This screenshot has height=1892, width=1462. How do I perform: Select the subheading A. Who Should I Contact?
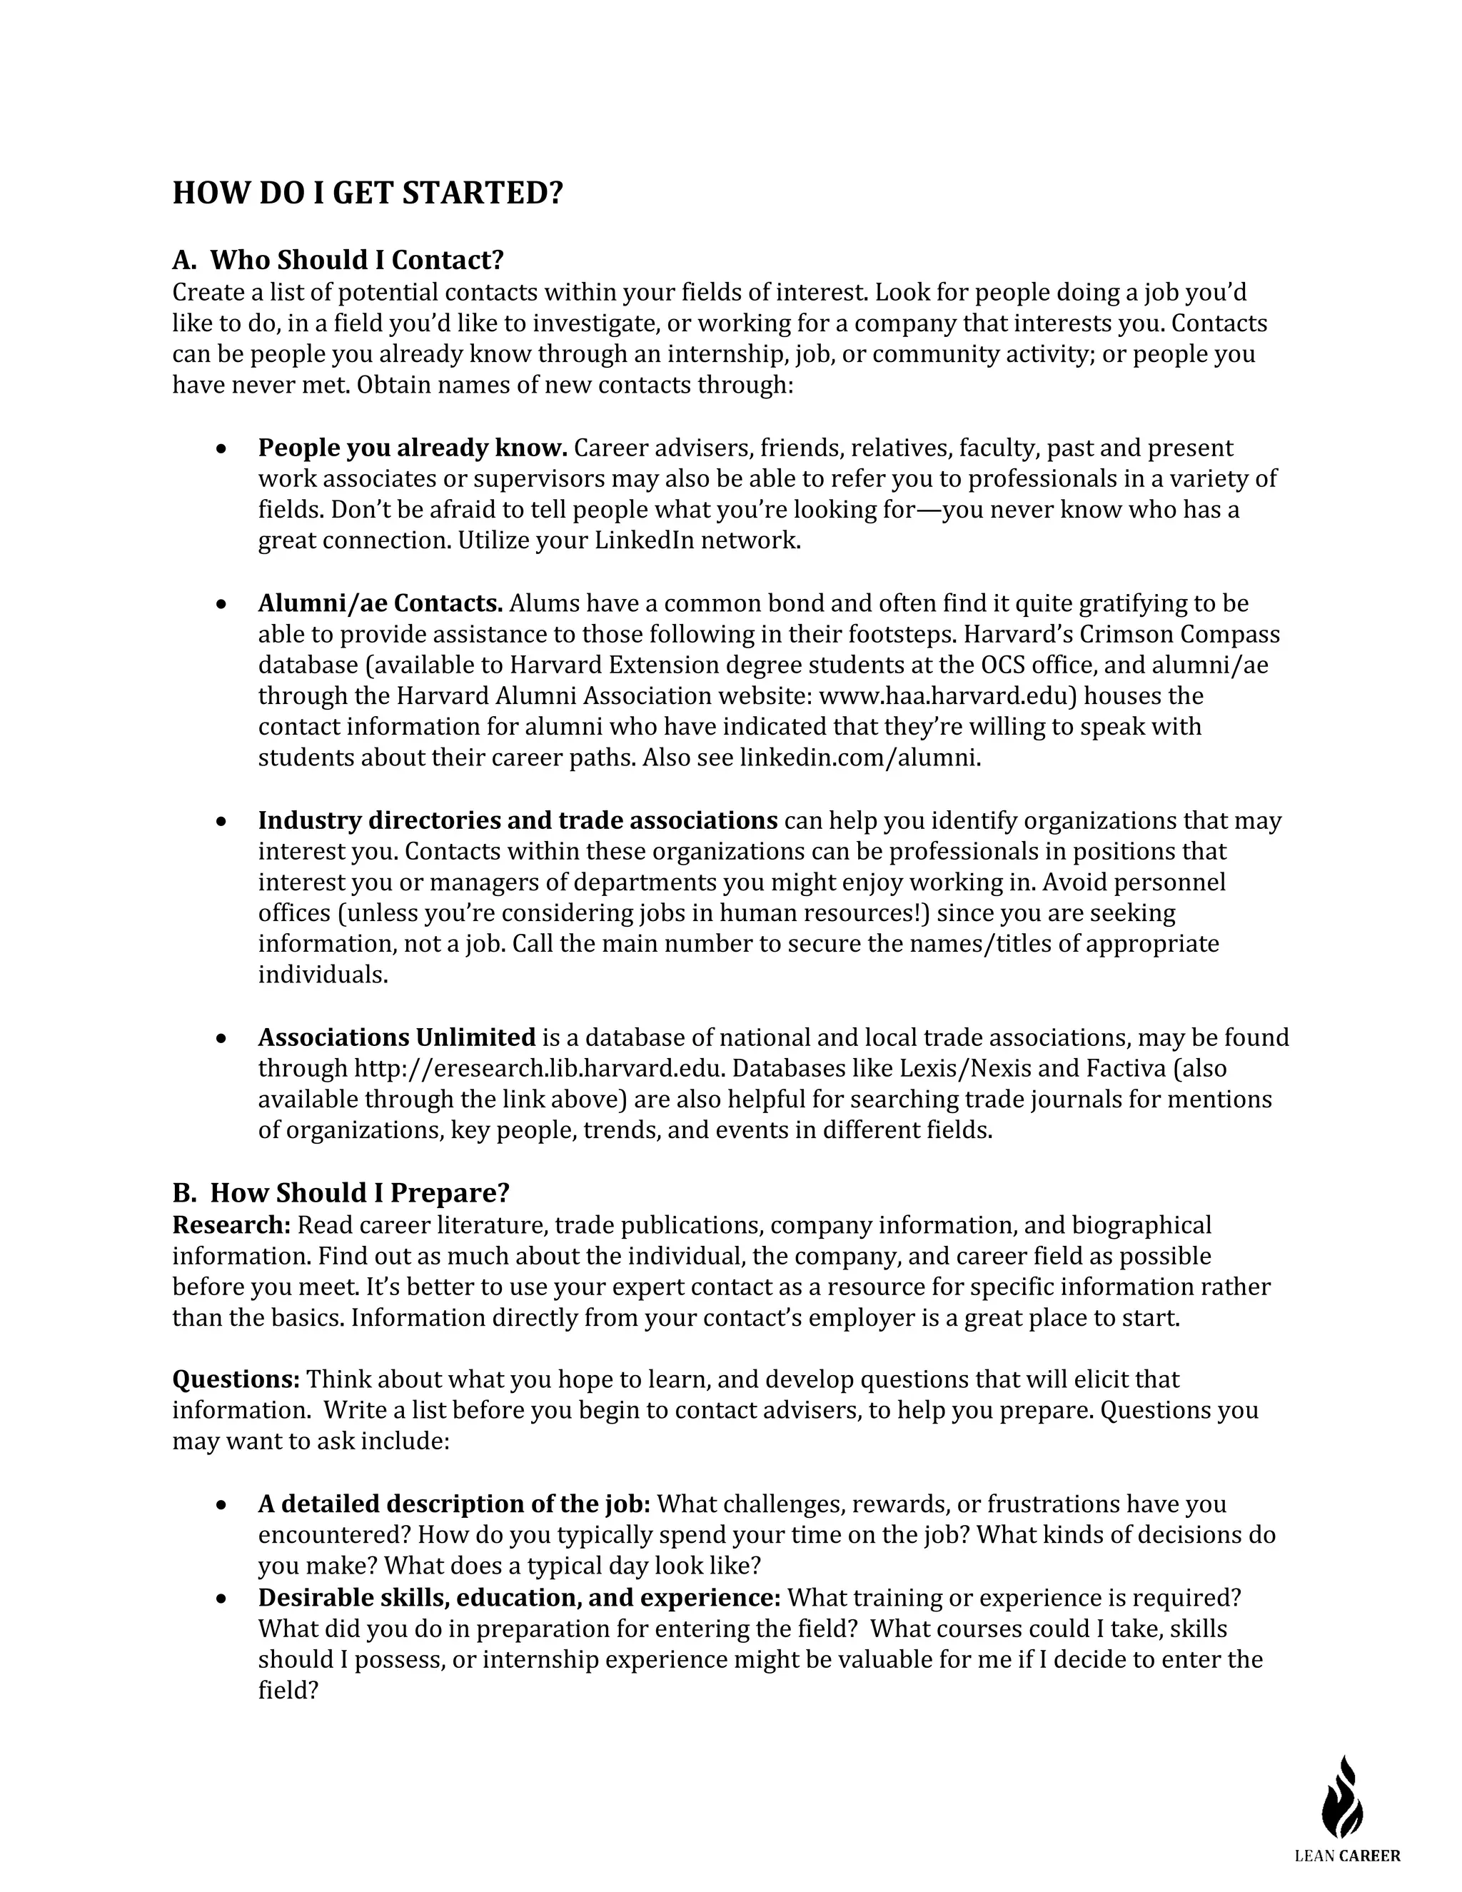click(x=338, y=260)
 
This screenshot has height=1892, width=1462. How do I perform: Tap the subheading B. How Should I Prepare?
click(x=341, y=1193)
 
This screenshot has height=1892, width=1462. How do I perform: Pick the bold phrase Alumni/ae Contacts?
click(x=380, y=603)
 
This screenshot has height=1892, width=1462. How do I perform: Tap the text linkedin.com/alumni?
click(x=859, y=758)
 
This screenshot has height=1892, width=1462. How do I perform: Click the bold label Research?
click(x=231, y=1225)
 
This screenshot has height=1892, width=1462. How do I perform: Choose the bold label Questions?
click(x=236, y=1379)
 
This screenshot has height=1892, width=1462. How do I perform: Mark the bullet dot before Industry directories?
click(x=223, y=820)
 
